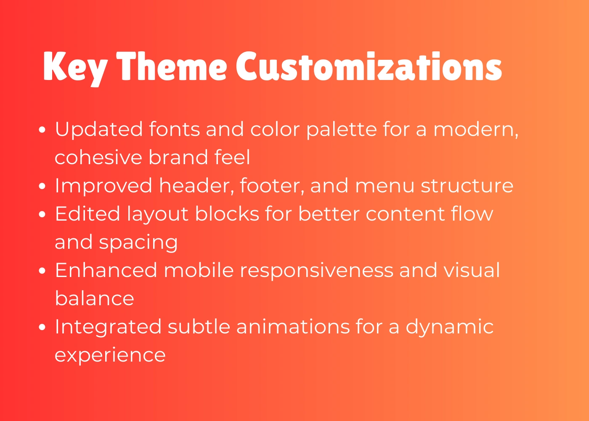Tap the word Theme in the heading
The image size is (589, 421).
coord(172,66)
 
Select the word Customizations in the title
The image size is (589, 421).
coord(369,66)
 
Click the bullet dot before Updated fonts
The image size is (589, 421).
coord(42,130)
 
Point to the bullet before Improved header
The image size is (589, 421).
coord(42,186)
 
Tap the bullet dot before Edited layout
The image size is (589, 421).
coord(42,214)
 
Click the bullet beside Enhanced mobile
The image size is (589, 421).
coord(42,270)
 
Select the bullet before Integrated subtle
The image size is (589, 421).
coord(42,327)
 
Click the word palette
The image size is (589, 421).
coord(342,130)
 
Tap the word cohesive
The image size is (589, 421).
coord(98,157)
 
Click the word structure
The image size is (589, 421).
coord(467,186)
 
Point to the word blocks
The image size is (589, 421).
coord(227,213)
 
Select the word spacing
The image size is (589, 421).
coord(138,242)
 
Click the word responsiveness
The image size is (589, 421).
coord(316,271)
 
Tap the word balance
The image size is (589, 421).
coord(94,298)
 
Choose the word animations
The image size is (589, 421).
coord(293,327)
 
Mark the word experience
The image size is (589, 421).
coord(110,355)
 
